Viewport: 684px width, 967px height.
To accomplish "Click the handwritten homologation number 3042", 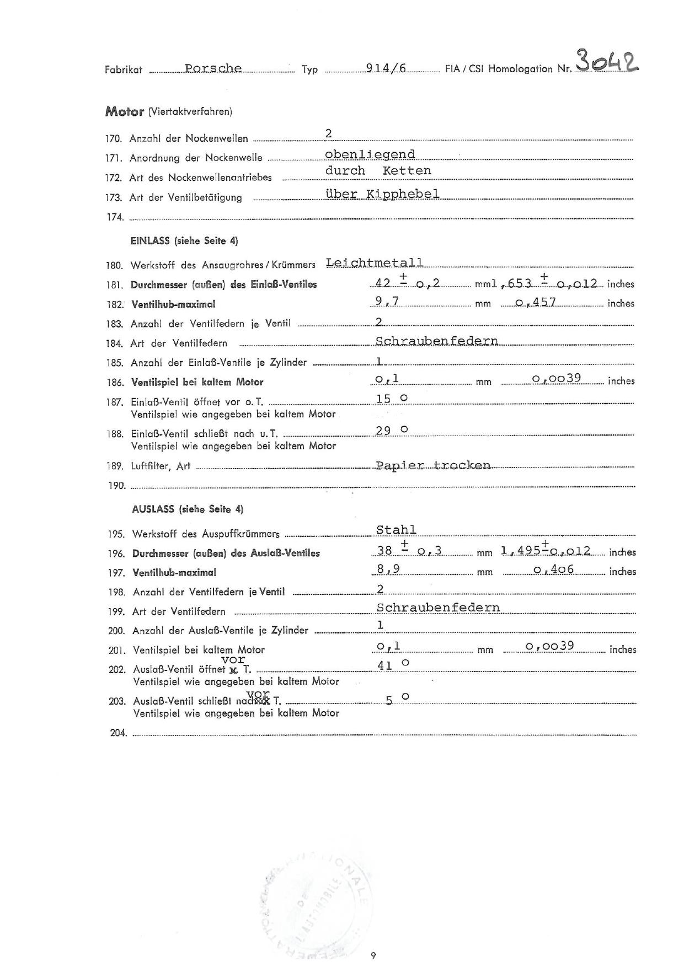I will tap(607, 61).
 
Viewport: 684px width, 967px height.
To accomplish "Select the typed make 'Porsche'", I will tap(213, 68).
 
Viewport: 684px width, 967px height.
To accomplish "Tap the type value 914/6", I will tap(386, 68).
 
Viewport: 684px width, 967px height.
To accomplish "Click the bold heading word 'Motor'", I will tap(125, 111).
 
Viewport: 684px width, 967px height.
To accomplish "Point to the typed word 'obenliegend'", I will tap(370, 154).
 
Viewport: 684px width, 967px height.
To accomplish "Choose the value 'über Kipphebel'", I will tap(382, 194).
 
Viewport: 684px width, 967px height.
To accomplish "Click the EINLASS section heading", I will tap(184, 241).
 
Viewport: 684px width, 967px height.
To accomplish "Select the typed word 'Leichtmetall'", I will tap(375, 262).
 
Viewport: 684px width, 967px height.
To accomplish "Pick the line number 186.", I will tap(115, 382).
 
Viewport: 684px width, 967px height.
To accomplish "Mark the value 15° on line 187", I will tap(392, 399).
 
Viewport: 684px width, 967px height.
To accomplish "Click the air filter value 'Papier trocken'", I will tap(433, 465).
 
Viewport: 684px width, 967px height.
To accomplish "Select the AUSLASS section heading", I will tap(188, 509).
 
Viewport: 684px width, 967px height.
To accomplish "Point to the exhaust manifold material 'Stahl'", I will tap(396, 530).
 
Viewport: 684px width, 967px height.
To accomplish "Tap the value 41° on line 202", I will tap(393, 665).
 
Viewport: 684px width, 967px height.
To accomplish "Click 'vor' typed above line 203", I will tap(258, 693).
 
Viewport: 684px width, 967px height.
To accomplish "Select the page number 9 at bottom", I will tap(373, 955).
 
